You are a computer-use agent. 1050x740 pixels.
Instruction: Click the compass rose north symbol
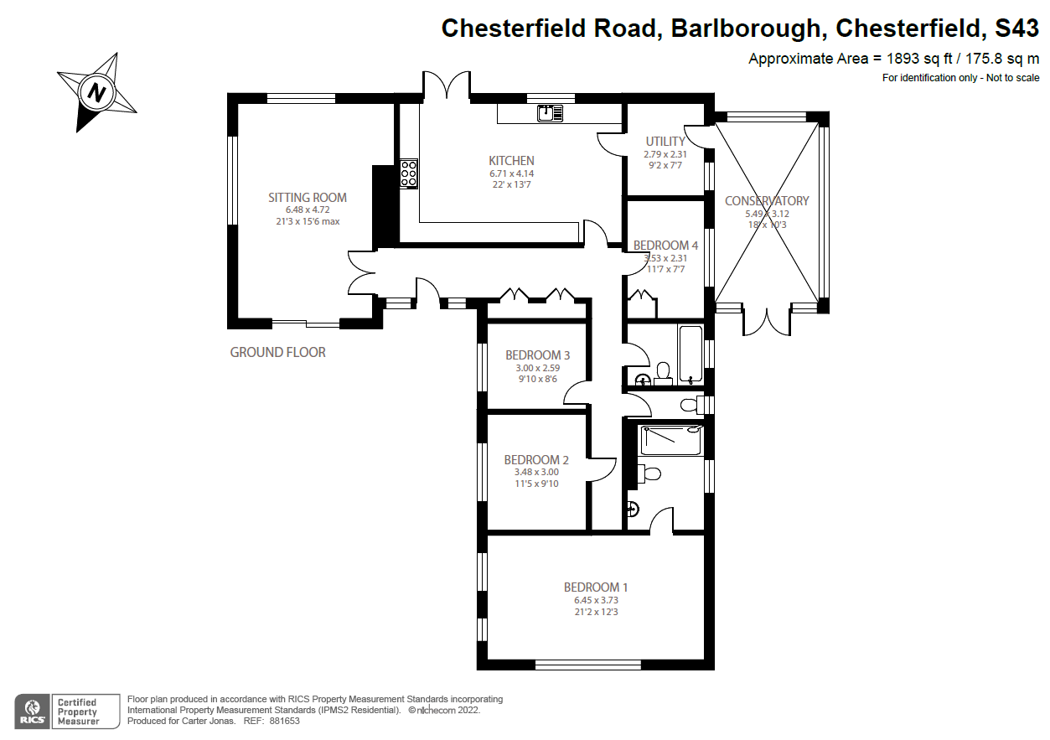(x=97, y=91)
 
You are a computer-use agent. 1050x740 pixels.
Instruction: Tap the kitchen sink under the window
(x=550, y=111)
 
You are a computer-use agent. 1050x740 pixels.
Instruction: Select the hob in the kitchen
(x=409, y=173)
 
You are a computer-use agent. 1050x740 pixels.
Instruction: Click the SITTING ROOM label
(x=307, y=198)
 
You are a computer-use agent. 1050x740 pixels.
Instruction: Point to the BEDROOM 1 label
(x=595, y=587)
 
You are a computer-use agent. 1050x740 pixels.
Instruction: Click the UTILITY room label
(x=665, y=142)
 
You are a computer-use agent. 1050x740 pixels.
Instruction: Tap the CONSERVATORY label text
(x=766, y=201)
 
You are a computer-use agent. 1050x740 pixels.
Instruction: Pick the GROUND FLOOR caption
(x=277, y=353)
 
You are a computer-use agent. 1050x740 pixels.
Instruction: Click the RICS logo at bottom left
(x=32, y=711)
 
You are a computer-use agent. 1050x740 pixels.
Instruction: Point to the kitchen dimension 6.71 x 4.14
(x=511, y=173)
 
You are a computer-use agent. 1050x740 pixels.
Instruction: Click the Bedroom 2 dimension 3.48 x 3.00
(x=536, y=472)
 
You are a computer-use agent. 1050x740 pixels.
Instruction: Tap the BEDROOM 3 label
(x=537, y=355)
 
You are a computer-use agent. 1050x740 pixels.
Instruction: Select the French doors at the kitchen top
(x=446, y=86)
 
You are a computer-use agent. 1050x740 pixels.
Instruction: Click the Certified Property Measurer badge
(x=76, y=711)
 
